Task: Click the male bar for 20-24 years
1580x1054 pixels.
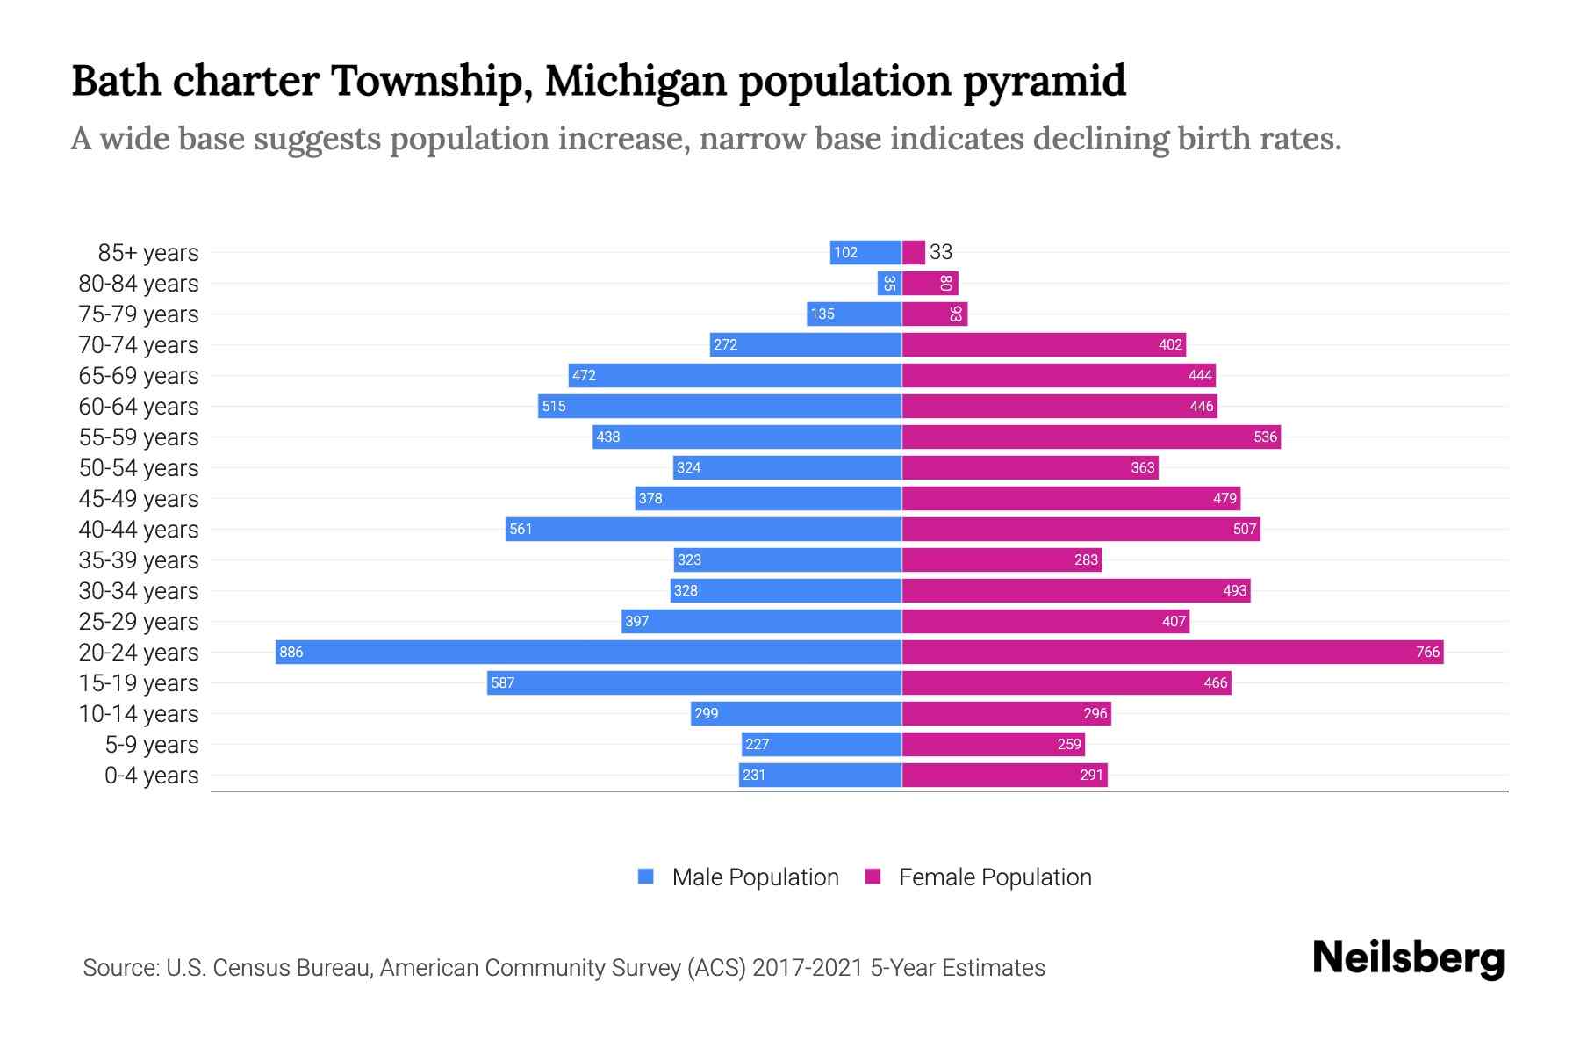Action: coord(588,652)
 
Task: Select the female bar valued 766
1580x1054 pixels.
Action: coord(1172,652)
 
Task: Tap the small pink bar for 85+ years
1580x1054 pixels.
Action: coord(914,252)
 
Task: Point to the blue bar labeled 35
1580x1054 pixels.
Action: coord(889,283)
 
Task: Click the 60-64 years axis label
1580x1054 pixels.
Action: coord(139,407)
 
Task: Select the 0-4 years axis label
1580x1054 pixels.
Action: coord(151,776)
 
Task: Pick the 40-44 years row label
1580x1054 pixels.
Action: coord(139,530)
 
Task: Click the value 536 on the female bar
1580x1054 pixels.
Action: coord(1265,437)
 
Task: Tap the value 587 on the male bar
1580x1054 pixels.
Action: coord(502,682)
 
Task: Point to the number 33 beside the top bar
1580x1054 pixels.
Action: coord(941,252)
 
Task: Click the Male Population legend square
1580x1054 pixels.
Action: coord(646,877)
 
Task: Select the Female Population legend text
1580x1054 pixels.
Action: coord(995,877)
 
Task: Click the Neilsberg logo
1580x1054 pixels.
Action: coord(1408,958)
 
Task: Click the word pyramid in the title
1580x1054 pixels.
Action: coord(1044,81)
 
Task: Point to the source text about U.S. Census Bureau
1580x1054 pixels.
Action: coord(564,968)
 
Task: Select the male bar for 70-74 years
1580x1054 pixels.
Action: coord(806,344)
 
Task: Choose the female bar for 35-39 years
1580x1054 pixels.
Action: coord(1002,559)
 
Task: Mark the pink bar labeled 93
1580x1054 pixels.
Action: coord(935,314)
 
